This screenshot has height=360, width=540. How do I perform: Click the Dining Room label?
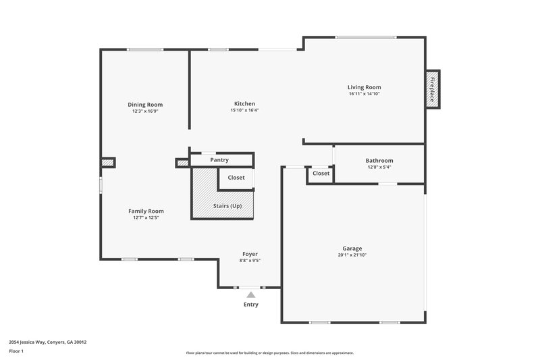pos(145,105)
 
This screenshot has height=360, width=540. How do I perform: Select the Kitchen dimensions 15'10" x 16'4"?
pos(244,111)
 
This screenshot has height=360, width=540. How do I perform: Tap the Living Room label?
pos(364,87)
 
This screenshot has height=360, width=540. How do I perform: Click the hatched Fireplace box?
pos(432,88)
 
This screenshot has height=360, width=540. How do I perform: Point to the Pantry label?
pos(219,160)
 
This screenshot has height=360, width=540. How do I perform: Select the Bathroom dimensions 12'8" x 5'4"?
pos(379,168)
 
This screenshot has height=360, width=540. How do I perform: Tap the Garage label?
pos(352,249)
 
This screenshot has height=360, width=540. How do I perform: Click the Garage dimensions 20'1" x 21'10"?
pos(352,255)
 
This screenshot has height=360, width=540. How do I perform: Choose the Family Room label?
pos(146,211)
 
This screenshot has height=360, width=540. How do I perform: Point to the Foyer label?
pos(250,254)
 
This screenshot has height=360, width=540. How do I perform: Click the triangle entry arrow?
pos(251,294)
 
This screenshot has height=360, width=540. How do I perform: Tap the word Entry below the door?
pos(251,305)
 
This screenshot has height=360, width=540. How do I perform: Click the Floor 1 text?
pos(16,352)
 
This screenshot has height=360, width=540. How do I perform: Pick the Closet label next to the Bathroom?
pos(321,174)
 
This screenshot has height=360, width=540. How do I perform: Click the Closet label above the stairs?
pos(236,178)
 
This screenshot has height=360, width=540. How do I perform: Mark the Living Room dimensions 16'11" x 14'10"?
pos(364,94)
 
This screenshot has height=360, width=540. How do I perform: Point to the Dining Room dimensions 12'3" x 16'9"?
pos(145,111)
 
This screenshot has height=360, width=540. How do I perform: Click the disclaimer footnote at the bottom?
pos(269,353)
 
